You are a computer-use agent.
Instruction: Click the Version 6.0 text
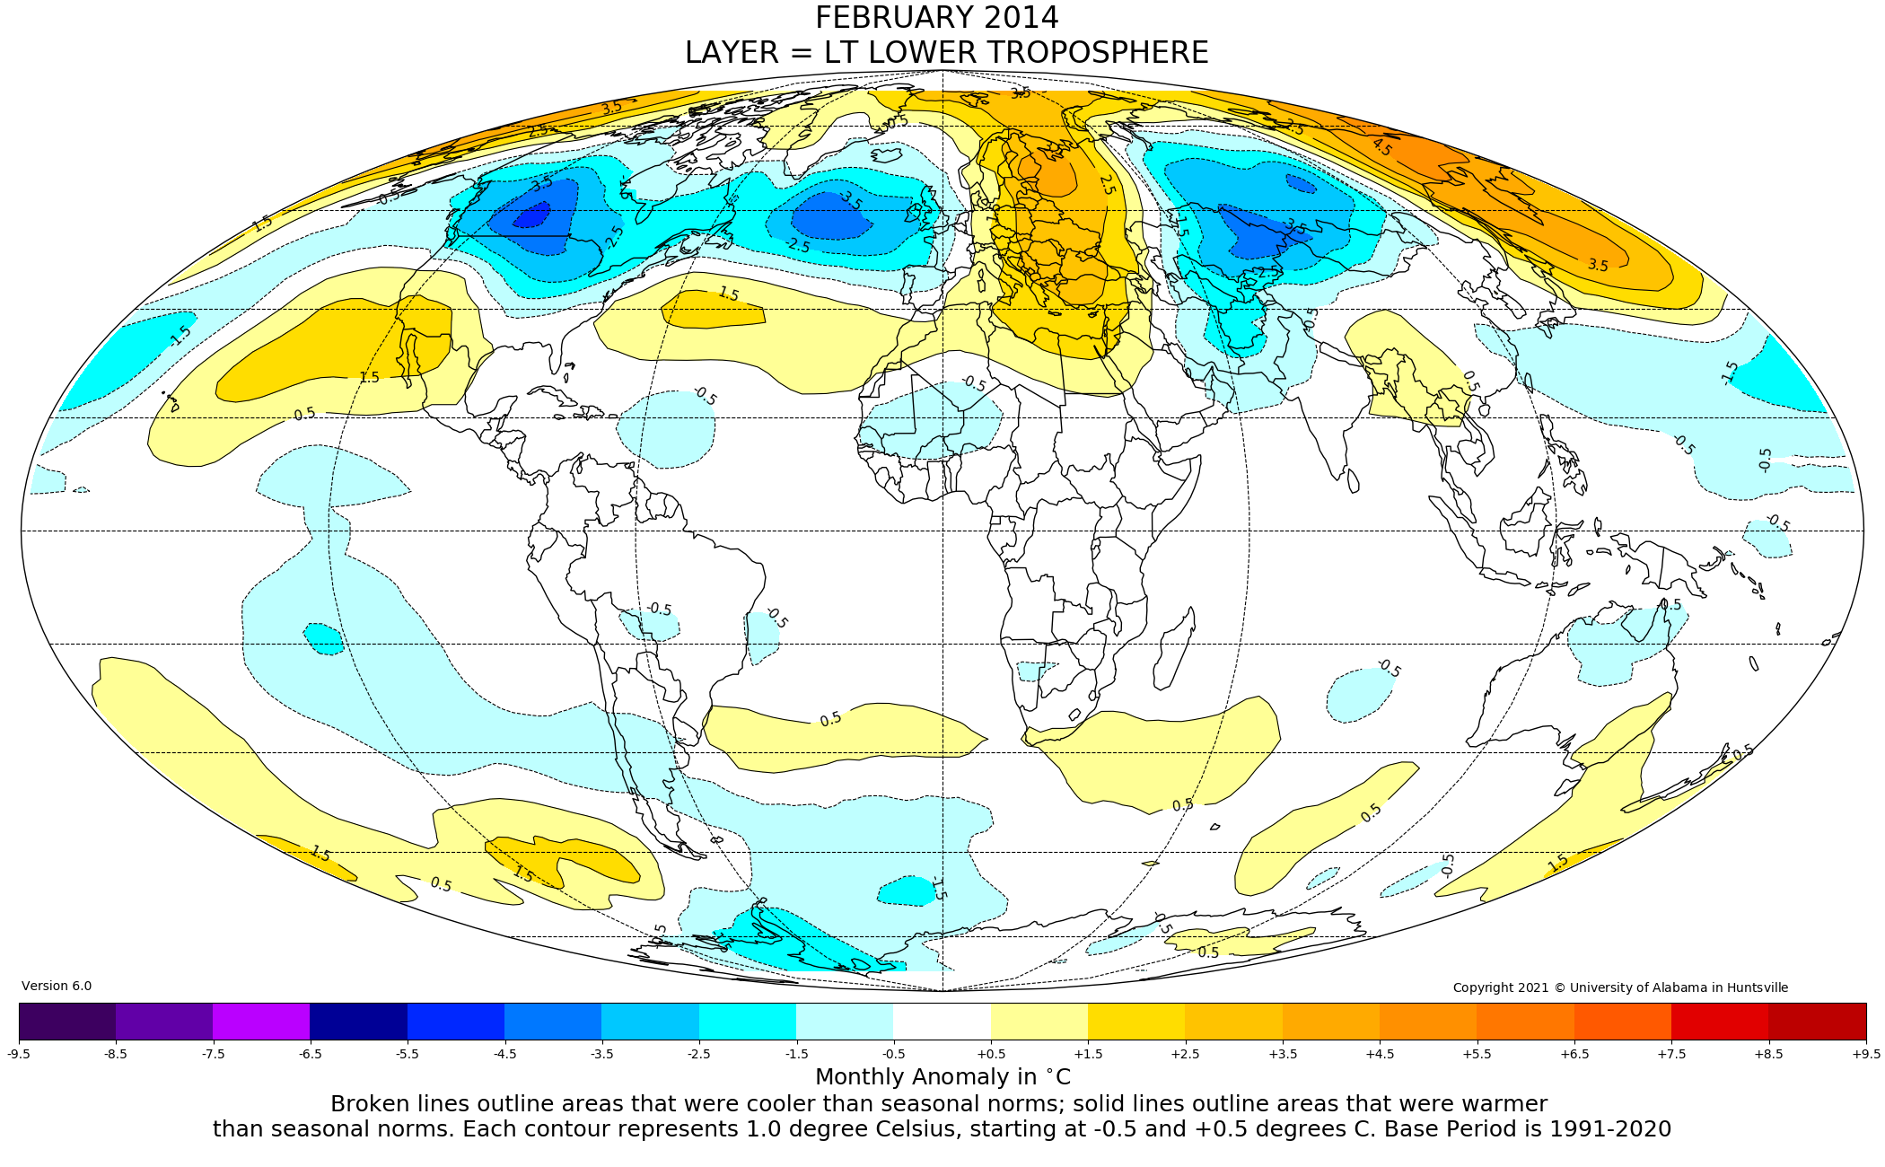57,986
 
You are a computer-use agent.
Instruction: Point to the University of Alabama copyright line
1620,987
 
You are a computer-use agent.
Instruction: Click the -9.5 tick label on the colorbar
19,1054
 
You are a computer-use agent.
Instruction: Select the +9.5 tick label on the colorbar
1865,1054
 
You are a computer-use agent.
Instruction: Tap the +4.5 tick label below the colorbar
1380,1054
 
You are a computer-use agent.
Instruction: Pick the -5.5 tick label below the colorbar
407,1054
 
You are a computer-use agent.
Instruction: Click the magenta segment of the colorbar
261,1022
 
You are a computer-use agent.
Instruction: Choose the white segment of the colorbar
942,1022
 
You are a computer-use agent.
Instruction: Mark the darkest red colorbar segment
1817,1022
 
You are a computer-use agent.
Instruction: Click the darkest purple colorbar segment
67,1022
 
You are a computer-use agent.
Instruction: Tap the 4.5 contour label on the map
1381,147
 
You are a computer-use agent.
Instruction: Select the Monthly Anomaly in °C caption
942,1077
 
